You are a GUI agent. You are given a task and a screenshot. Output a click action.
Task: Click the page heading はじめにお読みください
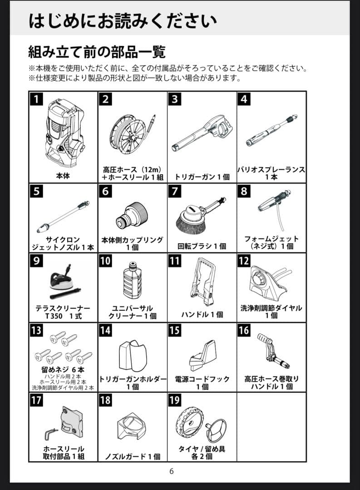[122, 21]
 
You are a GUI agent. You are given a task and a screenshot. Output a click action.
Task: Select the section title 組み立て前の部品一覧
[97, 52]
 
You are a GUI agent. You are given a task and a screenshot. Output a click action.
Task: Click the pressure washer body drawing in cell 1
[64, 134]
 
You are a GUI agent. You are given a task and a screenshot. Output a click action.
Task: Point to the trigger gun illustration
[202, 133]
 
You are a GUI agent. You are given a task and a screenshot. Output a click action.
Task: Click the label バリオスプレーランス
[271, 169]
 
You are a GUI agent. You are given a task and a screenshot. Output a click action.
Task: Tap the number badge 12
[244, 260]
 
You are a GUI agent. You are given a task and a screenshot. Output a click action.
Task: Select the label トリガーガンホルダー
[132, 379]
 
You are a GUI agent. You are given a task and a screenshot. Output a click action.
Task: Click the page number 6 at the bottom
[172, 471]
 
